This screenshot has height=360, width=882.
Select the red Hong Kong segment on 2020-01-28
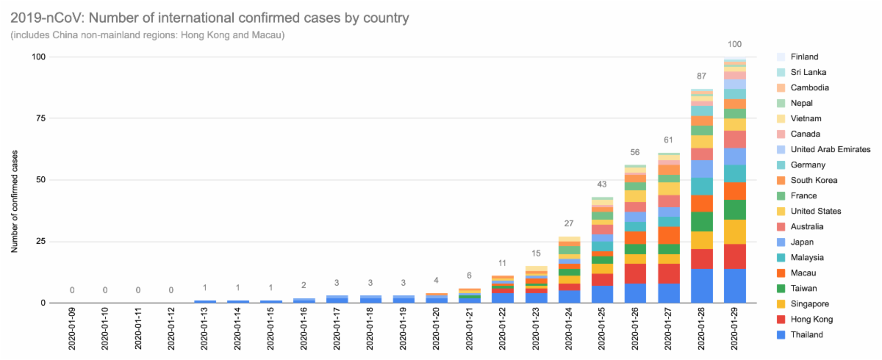702,259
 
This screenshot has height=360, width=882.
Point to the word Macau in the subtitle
268,35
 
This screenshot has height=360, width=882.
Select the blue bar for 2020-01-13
205,301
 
